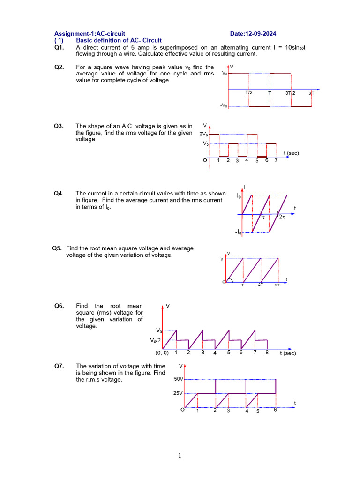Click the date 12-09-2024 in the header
[259, 34]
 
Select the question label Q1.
[59, 47]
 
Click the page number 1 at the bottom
[180, 456]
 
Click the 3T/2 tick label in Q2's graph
[291, 93]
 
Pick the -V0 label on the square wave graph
[224, 105]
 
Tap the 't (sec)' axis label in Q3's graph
[291, 153]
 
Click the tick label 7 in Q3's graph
[276, 160]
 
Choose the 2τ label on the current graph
[282, 217]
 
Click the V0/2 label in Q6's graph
[156, 340]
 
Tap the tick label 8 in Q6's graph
[267, 352]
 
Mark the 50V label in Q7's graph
[179, 379]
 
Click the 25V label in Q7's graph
[178, 393]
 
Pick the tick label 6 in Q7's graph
[275, 410]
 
